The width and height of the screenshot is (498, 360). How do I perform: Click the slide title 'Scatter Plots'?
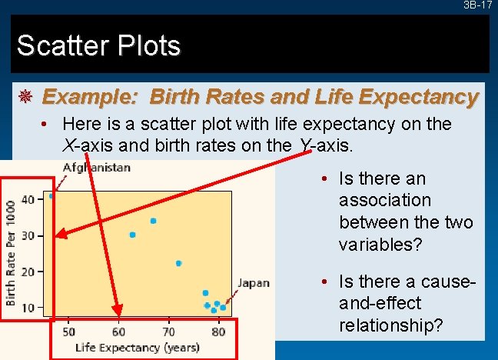click(x=98, y=46)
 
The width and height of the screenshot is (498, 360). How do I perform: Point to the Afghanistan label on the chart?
click(x=97, y=167)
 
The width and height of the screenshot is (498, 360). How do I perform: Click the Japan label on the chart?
click(x=253, y=283)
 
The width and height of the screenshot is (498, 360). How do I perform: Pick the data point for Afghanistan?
click(x=51, y=196)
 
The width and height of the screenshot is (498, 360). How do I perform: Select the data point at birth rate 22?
click(x=178, y=263)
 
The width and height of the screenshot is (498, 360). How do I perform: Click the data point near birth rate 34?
click(x=154, y=221)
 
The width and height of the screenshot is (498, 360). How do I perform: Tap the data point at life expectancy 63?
click(x=132, y=235)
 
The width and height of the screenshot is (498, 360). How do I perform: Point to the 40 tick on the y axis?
click(x=28, y=199)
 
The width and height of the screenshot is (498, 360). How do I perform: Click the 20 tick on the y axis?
click(x=28, y=271)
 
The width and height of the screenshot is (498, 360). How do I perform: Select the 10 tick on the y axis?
click(x=28, y=307)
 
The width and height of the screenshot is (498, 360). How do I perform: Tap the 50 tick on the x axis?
click(x=68, y=332)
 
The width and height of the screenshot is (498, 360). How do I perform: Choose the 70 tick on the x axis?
click(x=168, y=332)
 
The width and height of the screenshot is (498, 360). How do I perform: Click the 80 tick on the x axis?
click(x=218, y=332)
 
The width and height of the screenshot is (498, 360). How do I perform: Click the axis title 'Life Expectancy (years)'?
click(x=138, y=347)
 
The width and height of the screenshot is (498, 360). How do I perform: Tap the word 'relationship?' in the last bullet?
click(x=390, y=325)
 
